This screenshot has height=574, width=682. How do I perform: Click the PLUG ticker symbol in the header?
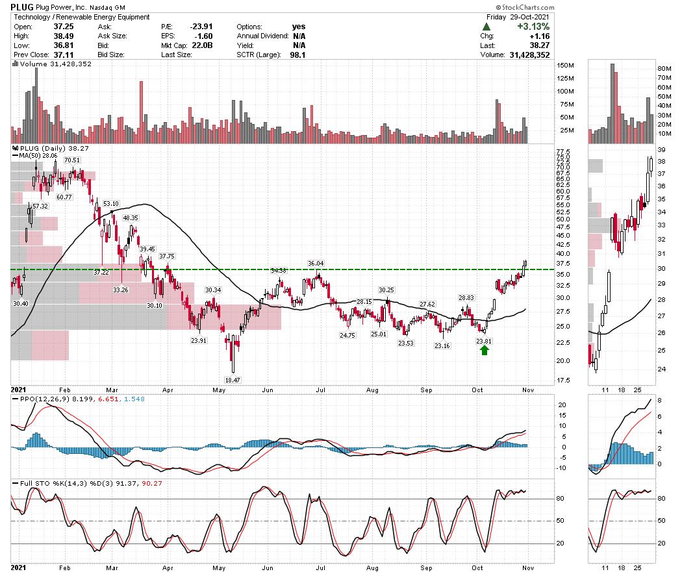[x=22, y=6]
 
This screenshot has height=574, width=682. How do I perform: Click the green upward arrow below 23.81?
[x=484, y=351]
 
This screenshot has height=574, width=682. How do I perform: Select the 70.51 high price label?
[x=71, y=160]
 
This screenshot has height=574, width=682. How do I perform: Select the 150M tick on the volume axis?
[x=566, y=66]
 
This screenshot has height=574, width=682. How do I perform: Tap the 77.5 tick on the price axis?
[x=564, y=151]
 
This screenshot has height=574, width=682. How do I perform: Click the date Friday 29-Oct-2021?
[x=517, y=17]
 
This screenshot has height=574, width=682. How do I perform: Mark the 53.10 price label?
[x=111, y=203]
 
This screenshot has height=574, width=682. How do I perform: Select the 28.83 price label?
[x=466, y=298]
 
